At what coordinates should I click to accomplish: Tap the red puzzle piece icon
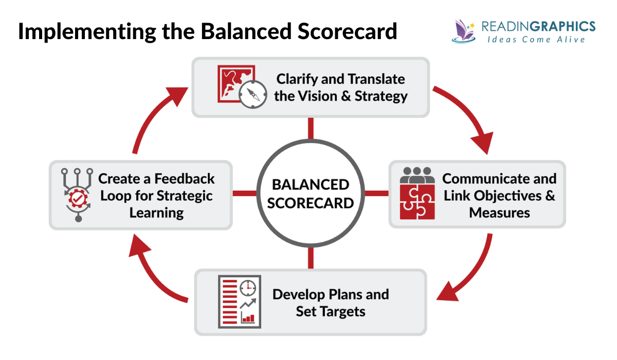(x=417, y=203)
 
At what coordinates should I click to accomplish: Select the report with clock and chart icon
(x=239, y=301)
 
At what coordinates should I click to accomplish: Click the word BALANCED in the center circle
(x=310, y=184)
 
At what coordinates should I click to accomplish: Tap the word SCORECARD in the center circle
(x=310, y=203)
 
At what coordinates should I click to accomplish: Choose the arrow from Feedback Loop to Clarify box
(x=154, y=116)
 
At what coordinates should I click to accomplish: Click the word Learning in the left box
(x=156, y=212)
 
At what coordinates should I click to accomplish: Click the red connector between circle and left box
(x=244, y=193)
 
